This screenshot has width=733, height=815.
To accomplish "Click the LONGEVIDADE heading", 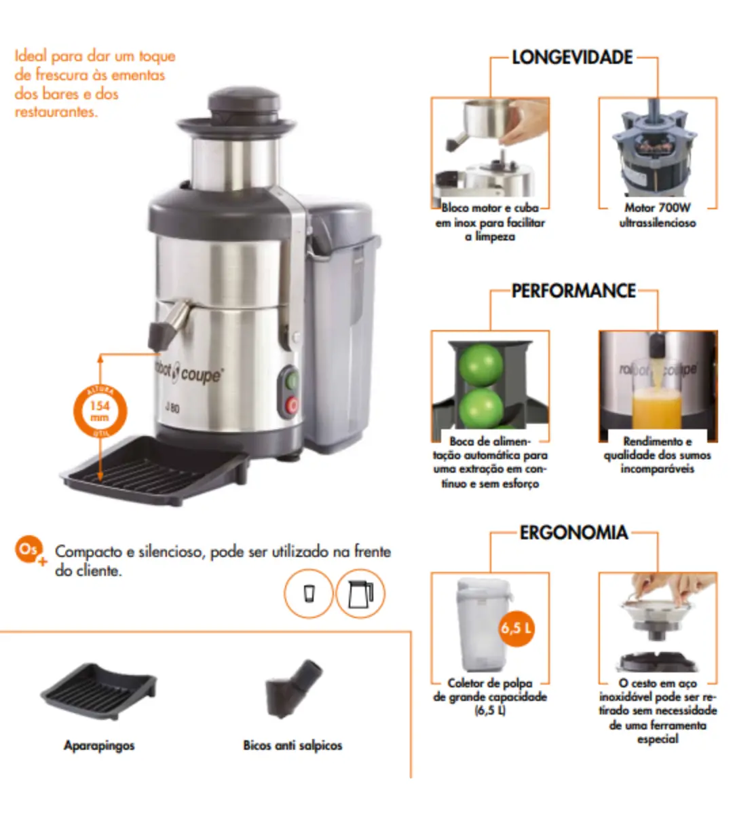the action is pos(571,57).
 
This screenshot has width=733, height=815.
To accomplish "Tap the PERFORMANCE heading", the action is pos(574,291).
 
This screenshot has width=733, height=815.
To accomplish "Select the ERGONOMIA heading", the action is pos(574,532).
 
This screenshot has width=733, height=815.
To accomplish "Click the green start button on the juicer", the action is pos(292,381).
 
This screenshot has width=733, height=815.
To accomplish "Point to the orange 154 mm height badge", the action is pos(100,411).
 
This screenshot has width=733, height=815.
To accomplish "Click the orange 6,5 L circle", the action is pos(516,628).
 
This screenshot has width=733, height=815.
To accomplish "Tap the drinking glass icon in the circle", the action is pos(309,594).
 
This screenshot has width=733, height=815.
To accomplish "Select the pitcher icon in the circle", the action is pos(360,594).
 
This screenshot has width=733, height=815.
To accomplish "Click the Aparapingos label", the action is pos(99,746).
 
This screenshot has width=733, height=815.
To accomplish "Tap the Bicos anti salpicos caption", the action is pos(293,746).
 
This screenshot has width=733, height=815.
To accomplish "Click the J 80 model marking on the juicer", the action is pos(172,407).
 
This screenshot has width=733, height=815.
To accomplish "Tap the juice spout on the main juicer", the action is pos(168,324).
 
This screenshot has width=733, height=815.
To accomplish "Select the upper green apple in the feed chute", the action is pos(481,363).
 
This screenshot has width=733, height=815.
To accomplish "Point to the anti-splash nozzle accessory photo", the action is pos(293,688).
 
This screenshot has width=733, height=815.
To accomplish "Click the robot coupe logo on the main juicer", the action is pos(189,372).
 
